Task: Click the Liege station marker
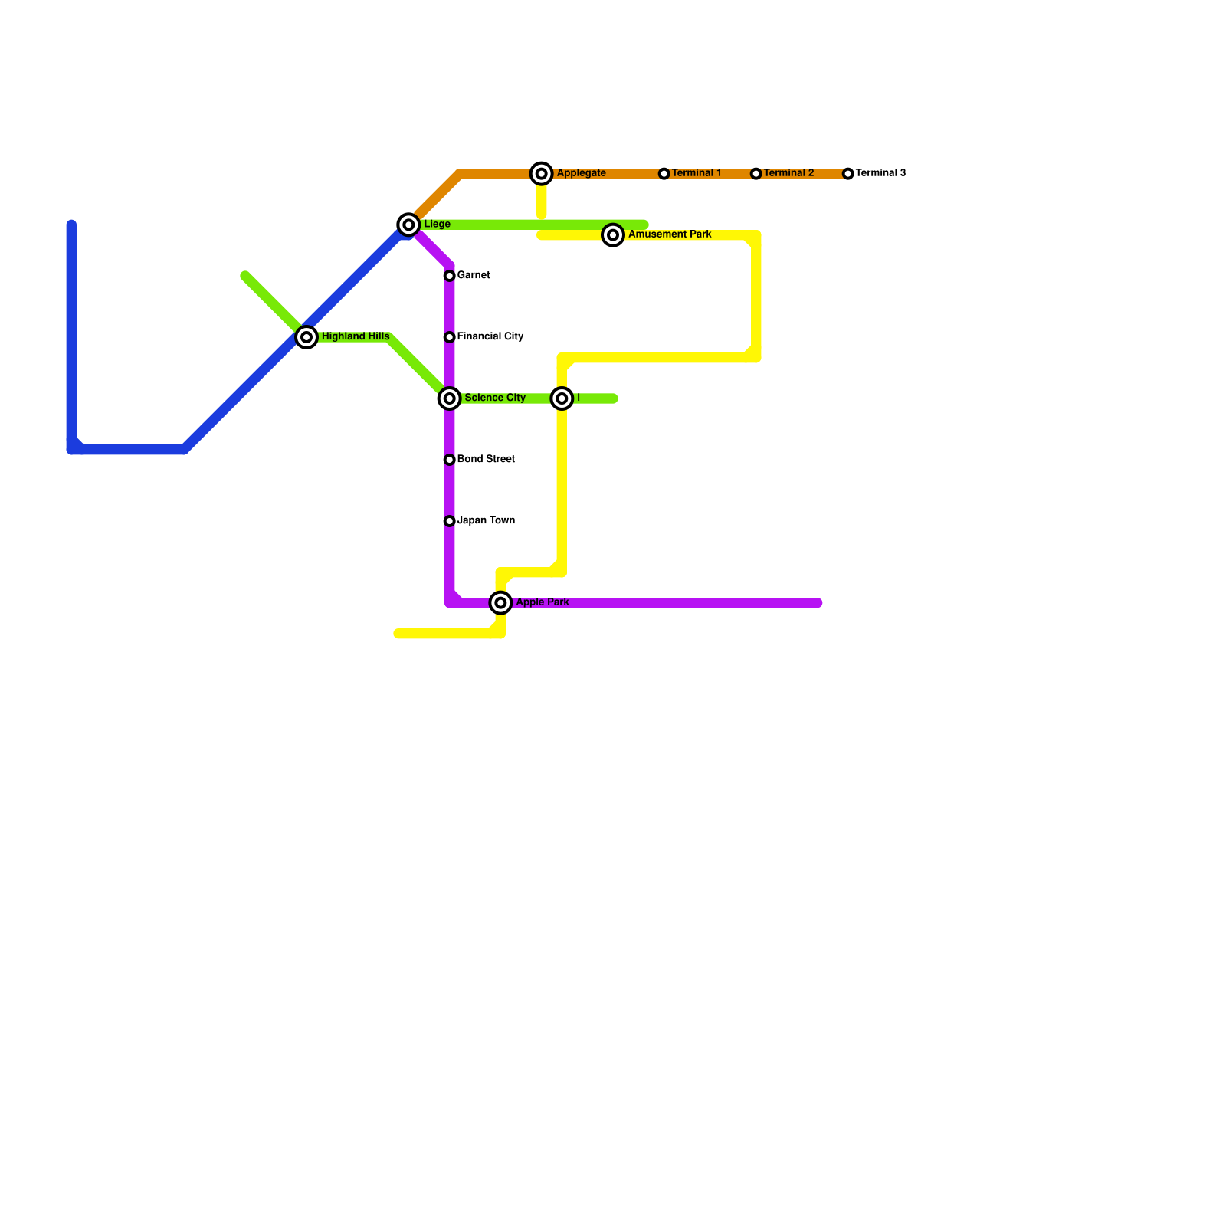click(409, 225)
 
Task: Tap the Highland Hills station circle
click(306, 337)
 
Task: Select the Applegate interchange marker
click(542, 174)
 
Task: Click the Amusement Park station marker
click(613, 235)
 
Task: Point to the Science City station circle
click(450, 398)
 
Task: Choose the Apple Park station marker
click(501, 603)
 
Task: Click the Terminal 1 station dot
click(664, 174)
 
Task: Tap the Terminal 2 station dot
click(756, 174)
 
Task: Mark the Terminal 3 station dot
click(848, 174)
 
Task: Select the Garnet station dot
click(450, 276)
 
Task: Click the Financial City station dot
click(450, 337)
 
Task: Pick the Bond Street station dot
click(450, 460)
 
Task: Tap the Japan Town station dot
click(450, 521)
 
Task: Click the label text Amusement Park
click(670, 234)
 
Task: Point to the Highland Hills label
click(356, 336)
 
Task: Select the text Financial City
click(490, 336)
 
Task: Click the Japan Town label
click(486, 520)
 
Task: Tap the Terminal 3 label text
click(880, 173)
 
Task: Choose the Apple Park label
click(543, 602)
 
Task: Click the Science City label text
click(495, 398)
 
